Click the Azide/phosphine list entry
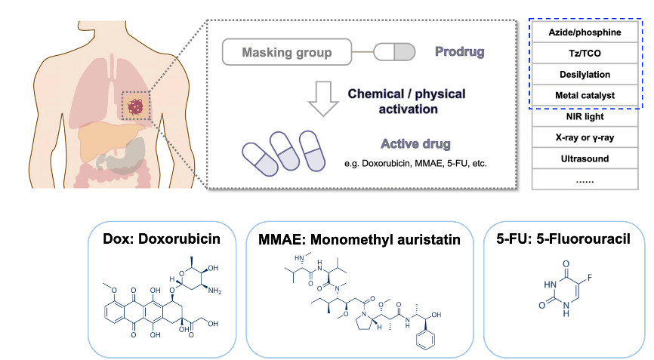(585, 32)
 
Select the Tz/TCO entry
(585, 54)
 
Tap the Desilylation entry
(585, 75)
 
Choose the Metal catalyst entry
(585, 96)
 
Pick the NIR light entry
(585, 117)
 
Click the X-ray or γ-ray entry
(585, 138)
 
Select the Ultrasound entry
(585, 159)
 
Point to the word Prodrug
(459, 53)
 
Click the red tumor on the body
(137, 106)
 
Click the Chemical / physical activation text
(406, 102)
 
